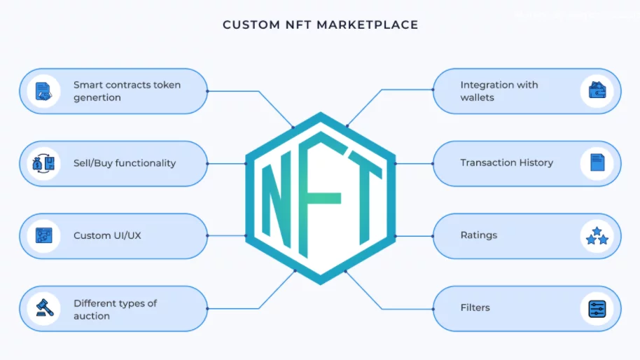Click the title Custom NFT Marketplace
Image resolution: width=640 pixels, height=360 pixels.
click(321, 25)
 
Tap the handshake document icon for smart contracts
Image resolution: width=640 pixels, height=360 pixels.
click(43, 92)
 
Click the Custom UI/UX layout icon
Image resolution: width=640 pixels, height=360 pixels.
click(43, 235)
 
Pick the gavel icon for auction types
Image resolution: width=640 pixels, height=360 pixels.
click(45, 308)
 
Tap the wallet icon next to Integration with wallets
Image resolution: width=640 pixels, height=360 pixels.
click(597, 90)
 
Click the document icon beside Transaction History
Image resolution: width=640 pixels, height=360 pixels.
click(597, 162)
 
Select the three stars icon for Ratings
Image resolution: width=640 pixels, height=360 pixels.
click(597, 236)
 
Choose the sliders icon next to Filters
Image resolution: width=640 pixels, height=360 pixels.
click(597, 309)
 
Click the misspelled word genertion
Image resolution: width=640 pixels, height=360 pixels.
click(97, 98)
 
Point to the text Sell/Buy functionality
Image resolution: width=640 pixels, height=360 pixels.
click(125, 163)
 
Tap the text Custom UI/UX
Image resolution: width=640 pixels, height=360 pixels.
click(107, 235)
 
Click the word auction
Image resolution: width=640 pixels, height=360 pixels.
click(92, 316)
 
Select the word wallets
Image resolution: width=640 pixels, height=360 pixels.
click(477, 97)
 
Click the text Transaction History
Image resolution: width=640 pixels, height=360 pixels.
click(506, 163)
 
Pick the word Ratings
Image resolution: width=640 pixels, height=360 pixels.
click(479, 235)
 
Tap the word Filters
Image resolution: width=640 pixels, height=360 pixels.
click(475, 307)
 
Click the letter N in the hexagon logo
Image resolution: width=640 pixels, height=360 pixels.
click(277, 200)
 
